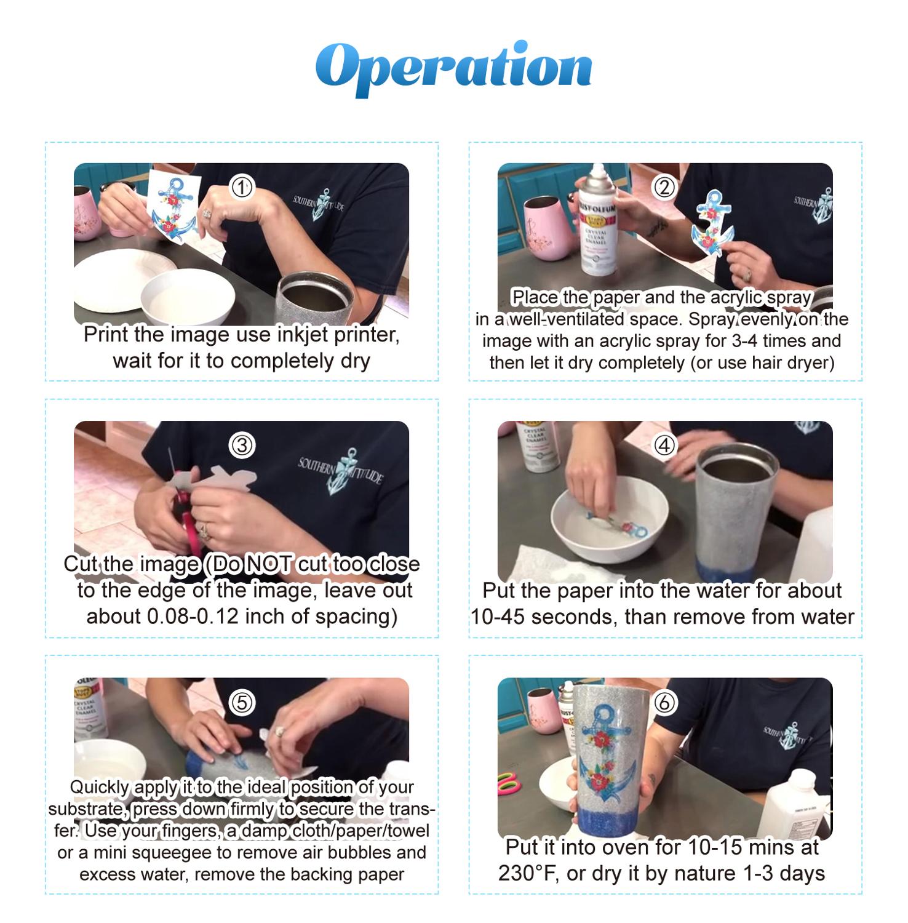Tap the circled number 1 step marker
[242, 186]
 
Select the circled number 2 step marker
[664, 186]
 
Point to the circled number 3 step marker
[242, 445]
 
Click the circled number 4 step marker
[664, 445]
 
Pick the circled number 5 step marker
[242, 702]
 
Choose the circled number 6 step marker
[664, 702]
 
